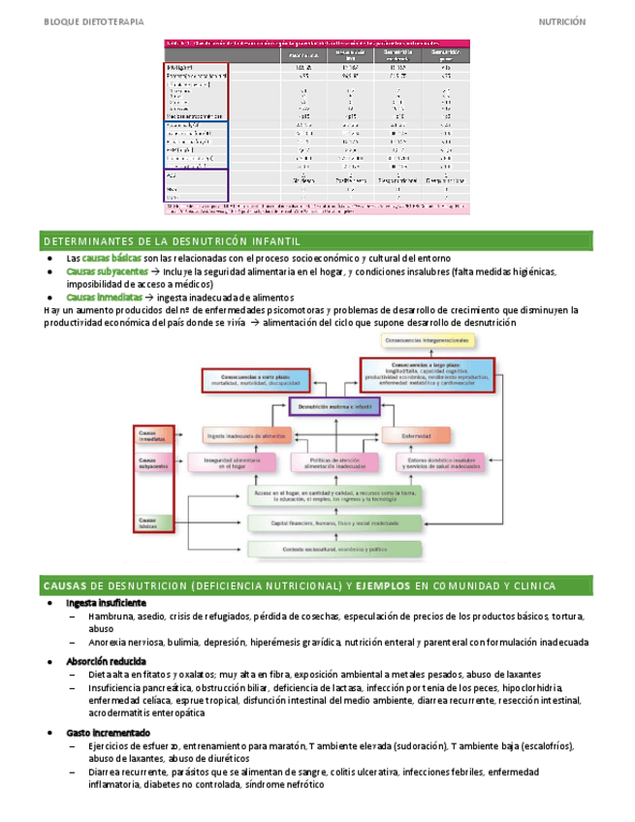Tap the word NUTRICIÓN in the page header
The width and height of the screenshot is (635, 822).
pos(563,19)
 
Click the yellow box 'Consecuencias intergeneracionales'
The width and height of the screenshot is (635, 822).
pos(428,341)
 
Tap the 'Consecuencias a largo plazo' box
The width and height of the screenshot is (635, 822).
pos(428,373)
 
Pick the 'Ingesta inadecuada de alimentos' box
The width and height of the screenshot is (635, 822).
pos(246,436)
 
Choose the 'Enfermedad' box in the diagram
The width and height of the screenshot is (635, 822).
pos(416,436)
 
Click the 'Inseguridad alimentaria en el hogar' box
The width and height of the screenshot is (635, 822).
pos(230,462)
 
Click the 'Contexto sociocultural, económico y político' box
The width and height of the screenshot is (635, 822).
pos(335,549)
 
